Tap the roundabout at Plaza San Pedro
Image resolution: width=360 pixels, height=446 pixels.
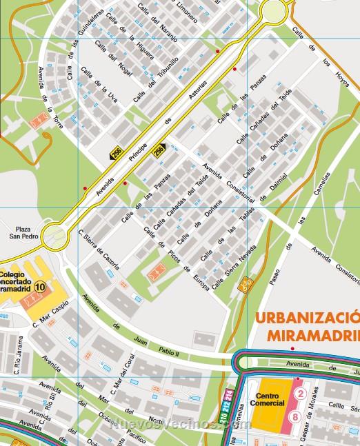coord(54,237)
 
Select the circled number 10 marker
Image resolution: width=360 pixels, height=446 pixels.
coord(41,287)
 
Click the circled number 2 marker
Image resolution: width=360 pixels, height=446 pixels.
coord(300,393)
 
